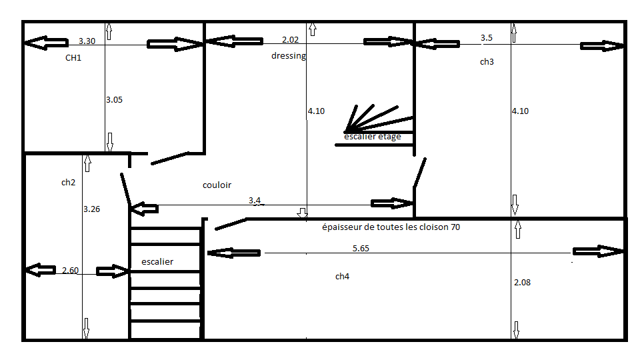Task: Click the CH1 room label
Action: pyautogui.click(x=73, y=58)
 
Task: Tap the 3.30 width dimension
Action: pyautogui.click(x=87, y=41)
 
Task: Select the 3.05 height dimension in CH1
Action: pyautogui.click(x=114, y=99)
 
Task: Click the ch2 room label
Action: pyautogui.click(x=68, y=182)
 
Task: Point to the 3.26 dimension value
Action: pyautogui.click(x=91, y=209)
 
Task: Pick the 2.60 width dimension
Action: pyautogui.click(x=70, y=270)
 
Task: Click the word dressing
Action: pyautogui.click(x=288, y=56)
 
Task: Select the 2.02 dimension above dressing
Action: pyautogui.click(x=290, y=40)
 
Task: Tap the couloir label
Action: pyautogui.click(x=217, y=185)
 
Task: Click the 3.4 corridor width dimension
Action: pyautogui.click(x=255, y=200)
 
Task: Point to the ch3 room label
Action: pyautogui.click(x=487, y=61)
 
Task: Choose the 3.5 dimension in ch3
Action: pyautogui.click(x=487, y=38)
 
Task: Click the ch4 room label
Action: pyautogui.click(x=342, y=276)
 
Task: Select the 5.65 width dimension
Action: pyautogui.click(x=361, y=248)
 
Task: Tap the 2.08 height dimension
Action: pyautogui.click(x=523, y=283)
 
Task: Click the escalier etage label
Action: pyautogui.click(x=373, y=137)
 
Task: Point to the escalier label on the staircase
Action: pyautogui.click(x=157, y=262)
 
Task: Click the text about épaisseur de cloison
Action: pyautogui.click(x=391, y=227)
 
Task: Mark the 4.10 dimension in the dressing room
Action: pyautogui.click(x=316, y=111)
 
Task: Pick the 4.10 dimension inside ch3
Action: pyautogui.click(x=520, y=111)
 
